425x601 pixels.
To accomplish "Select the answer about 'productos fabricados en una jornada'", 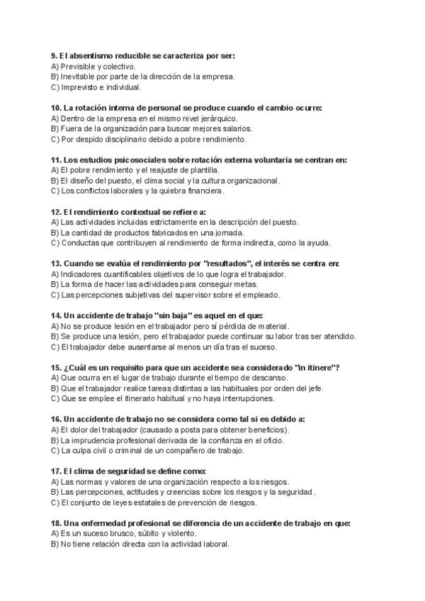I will pos(152,232).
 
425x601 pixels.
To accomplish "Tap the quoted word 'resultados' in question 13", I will pos(227,264).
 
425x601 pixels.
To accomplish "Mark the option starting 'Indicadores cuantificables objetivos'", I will pos(173,274).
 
